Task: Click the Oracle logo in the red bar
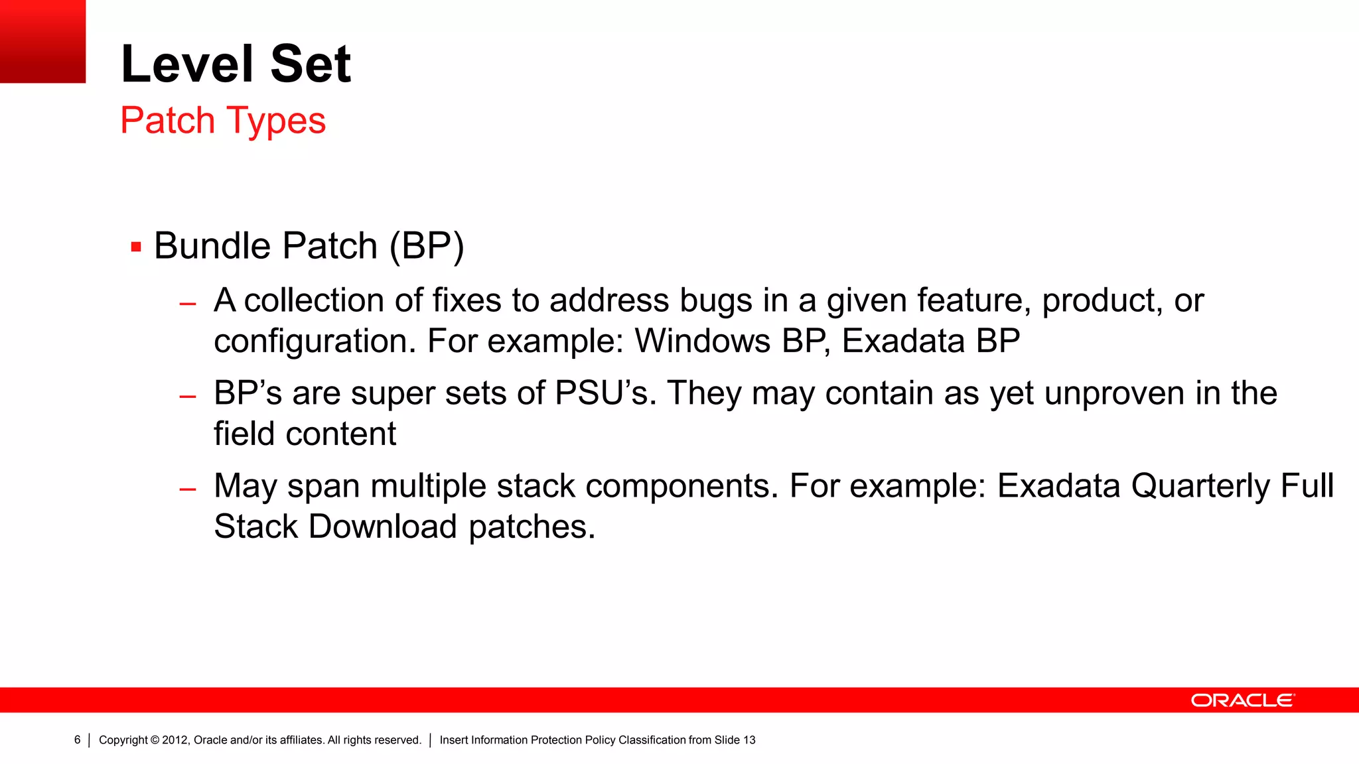[1242, 700]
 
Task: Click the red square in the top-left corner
[42, 41]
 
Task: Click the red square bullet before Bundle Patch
[136, 247]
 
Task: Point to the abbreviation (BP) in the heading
[427, 246]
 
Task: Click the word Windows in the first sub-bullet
[702, 341]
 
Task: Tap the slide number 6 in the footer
[77, 740]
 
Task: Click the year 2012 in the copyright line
[175, 740]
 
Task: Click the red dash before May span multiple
[188, 490]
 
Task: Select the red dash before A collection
[188, 304]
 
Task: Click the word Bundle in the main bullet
[213, 246]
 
